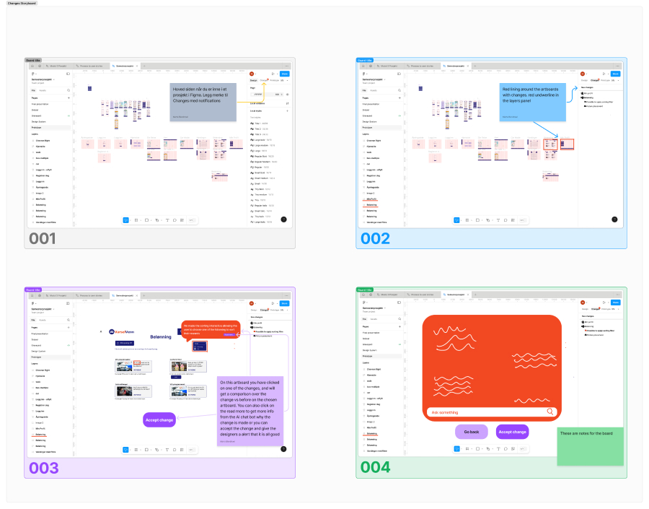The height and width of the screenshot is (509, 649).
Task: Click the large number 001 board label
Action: tap(43, 239)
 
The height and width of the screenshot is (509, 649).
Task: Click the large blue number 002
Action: tap(375, 239)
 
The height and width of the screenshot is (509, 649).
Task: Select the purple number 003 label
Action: tap(44, 468)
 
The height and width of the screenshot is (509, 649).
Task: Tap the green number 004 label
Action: tap(376, 468)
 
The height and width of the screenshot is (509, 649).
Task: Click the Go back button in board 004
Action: tap(471, 432)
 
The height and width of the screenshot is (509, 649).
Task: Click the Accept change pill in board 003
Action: tap(159, 419)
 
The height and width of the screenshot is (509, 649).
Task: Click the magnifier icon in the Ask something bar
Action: tap(550, 412)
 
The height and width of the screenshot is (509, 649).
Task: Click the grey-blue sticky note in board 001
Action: tap(203, 102)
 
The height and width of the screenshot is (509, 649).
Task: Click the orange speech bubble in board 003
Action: tap(210, 329)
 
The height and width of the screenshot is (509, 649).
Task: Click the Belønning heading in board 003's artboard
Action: tap(161, 337)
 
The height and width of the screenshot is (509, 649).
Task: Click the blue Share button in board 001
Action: tap(285, 74)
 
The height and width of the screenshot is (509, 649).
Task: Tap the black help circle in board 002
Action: tap(614, 219)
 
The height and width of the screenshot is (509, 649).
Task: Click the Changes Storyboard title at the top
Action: tap(22, 3)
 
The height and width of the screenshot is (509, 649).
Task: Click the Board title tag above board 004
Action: tap(364, 290)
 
